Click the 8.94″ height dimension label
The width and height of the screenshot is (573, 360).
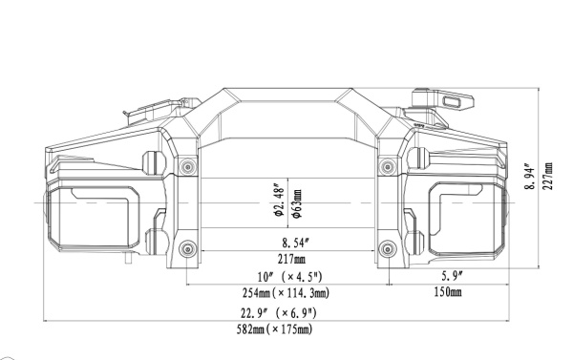[530, 176]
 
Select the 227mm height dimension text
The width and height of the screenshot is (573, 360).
[547, 176]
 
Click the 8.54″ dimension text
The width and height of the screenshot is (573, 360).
[286, 243]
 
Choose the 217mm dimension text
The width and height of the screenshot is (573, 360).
[286, 258]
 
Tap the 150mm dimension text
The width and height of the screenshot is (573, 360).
[447, 292]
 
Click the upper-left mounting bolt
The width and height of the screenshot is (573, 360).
[187, 167]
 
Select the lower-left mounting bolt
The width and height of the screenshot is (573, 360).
[187, 250]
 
